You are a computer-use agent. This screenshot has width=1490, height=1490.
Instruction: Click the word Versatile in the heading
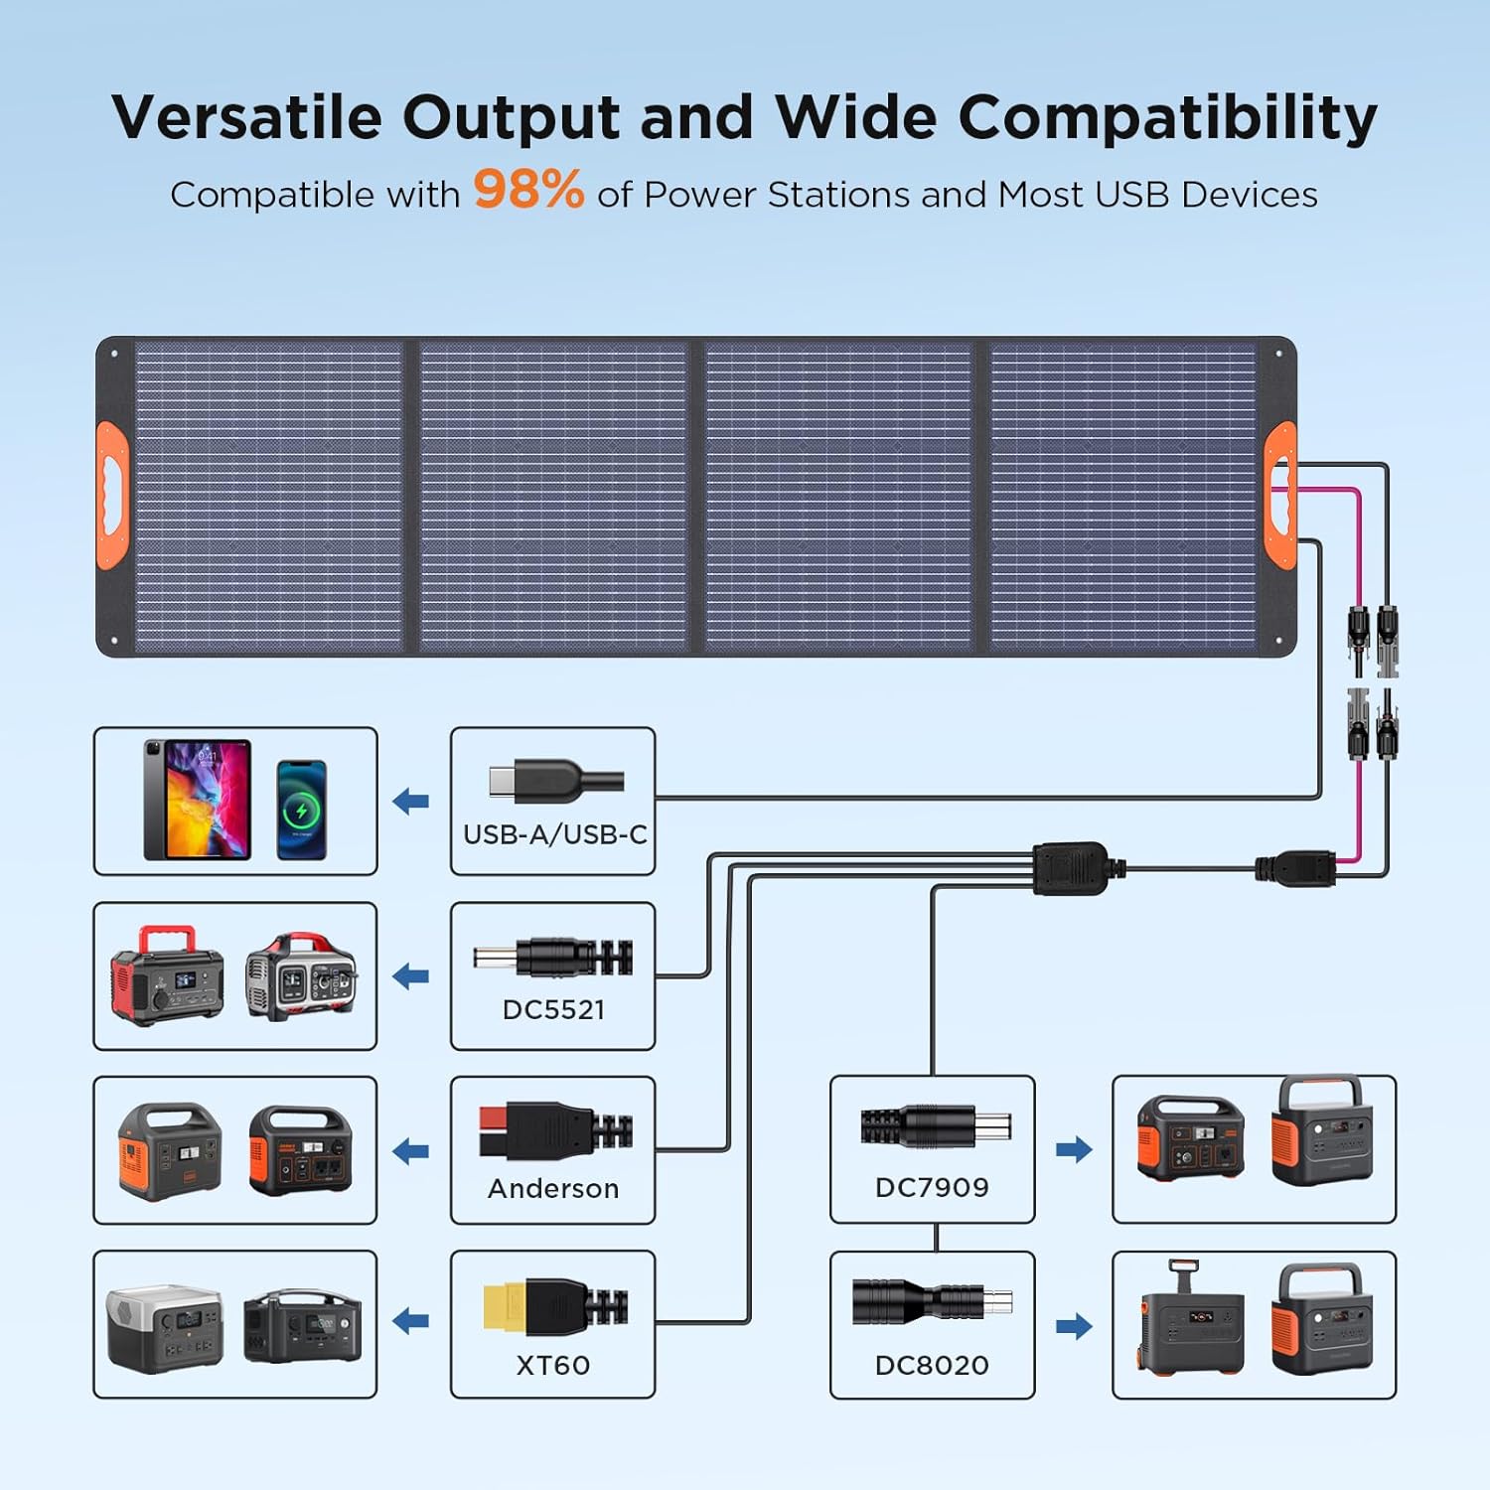[x=246, y=117]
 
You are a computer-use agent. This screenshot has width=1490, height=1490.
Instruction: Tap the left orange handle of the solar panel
[x=112, y=495]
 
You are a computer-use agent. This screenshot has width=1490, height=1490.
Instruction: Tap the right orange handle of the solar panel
[x=1280, y=495]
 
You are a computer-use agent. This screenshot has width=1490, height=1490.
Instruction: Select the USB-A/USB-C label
[x=554, y=834]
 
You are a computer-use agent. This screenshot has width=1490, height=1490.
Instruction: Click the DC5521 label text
[x=553, y=1009]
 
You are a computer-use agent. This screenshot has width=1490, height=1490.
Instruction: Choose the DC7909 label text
[x=932, y=1187]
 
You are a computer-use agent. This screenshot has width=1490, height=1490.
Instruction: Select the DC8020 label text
[x=932, y=1365]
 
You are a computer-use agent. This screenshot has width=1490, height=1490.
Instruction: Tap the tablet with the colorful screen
[x=198, y=800]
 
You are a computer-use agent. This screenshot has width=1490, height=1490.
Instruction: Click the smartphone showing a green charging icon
[x=301, y=810]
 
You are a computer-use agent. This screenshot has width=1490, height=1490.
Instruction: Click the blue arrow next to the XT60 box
[x=411, y=1321]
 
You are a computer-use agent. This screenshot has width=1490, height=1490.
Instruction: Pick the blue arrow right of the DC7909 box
[x=1074, y=1150]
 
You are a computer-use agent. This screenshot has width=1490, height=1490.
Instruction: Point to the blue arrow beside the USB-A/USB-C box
[x=411, y=801]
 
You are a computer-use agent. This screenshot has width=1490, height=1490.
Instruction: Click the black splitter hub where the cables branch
[x=1070, y=868]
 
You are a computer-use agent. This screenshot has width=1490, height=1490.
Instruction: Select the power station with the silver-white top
[x=165, y=1328]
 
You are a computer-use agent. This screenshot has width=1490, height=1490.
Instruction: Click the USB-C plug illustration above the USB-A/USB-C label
[x=554, y=782]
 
